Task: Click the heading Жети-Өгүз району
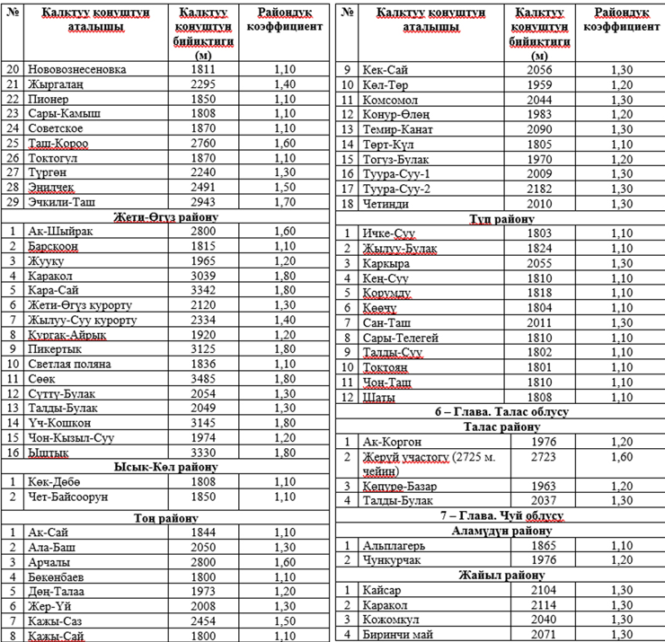pyautogui.click(x=166, y=216)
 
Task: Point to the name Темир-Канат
pyautogui.click(x=403, y=128)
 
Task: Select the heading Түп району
pyautogui.click(x=500, y=218)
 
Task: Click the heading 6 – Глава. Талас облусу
pyautogui.click(x=500, y=411)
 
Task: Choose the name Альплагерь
pyautogui.click(x=395, y=545)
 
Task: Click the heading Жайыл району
pyautogui.click(x=500, y=575)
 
